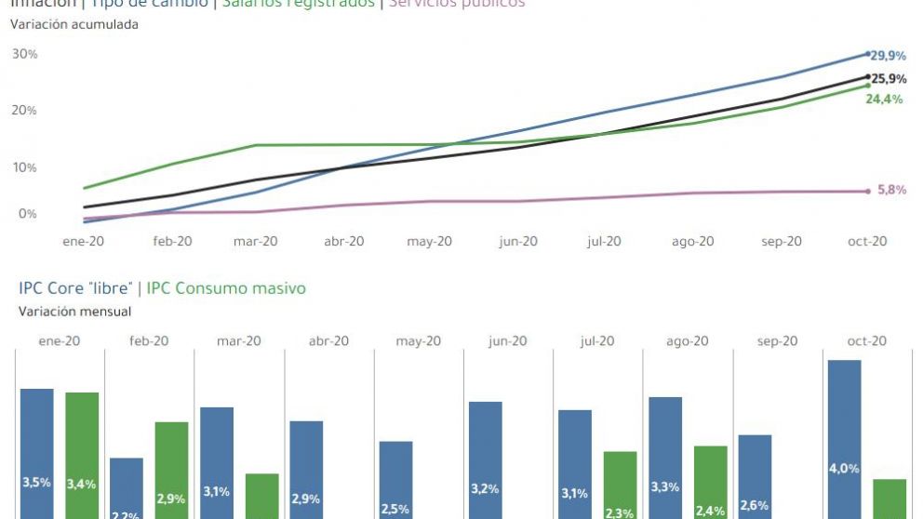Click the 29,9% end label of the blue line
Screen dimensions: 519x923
pyautogui.click(x=888, y=56)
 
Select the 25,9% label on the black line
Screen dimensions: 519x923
pyautogui.click(x=889, y=79)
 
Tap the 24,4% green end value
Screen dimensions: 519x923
pyautogui.click(x=884, y=100)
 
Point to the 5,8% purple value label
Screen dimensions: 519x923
pyautogui.click(x=891, y=190)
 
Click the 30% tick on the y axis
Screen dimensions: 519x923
pyautogui.click(x=24, y=54)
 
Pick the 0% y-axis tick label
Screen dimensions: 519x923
pyautogui.click(x=27, y=214)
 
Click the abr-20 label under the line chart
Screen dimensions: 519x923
pyautogui.click(x=344, y=241)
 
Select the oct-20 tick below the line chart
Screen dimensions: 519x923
pyautogui.click(x=866, y=241)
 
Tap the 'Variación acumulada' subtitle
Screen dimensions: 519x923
pyautogui.click(x=74, y=24)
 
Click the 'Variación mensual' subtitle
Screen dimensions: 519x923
pyautogui.click(x=74, y=312)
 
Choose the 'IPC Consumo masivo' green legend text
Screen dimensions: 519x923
pyautogui.click(x=226, y=288)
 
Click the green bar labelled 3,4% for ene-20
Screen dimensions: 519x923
pyautogui.click(x=82, y=456)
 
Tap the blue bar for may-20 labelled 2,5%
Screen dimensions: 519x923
pyautogui.click(x=396, y=480)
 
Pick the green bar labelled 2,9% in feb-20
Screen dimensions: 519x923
pyautogui.click(x=171, y=471)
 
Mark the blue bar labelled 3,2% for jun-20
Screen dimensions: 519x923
pyautogui.click(x=486, y=460)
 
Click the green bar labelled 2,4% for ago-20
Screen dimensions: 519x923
pyautogui.click(x=710, y=482)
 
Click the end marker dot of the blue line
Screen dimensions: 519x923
pyautogui.click(x=868, y=54)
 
